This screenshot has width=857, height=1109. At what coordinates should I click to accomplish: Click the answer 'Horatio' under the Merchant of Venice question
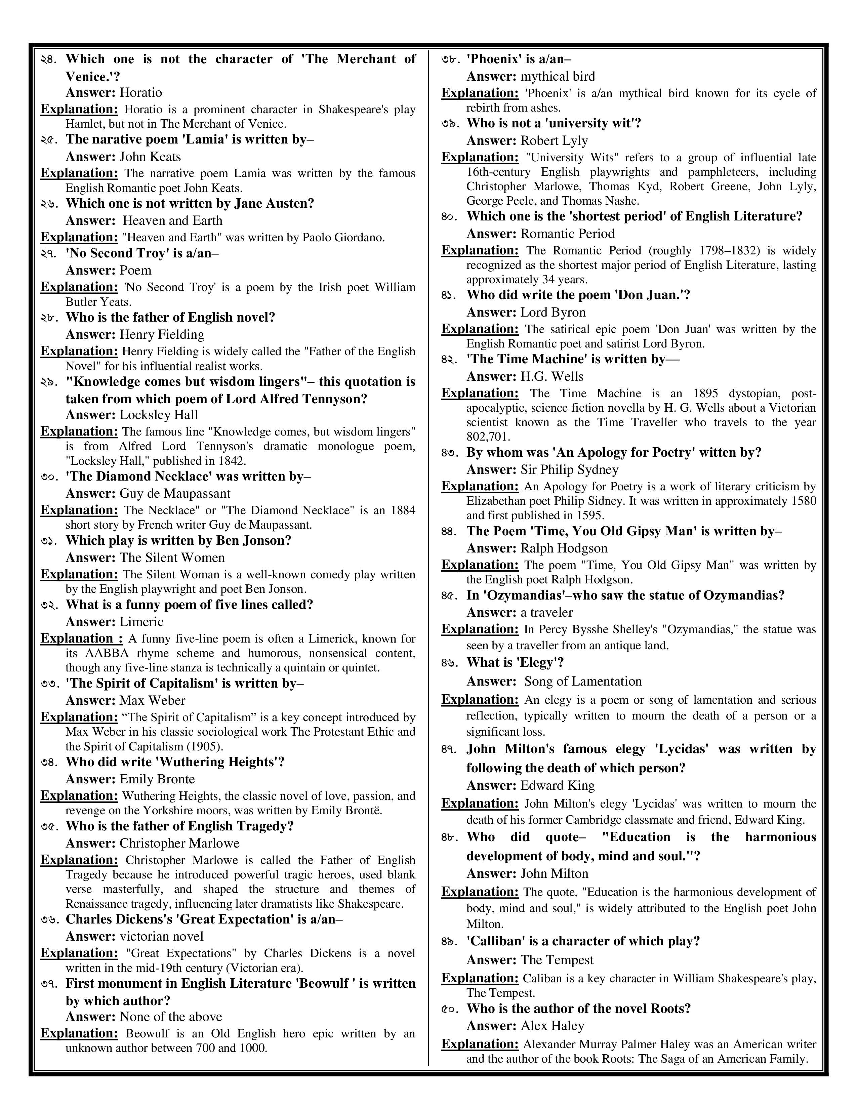coord(140,93)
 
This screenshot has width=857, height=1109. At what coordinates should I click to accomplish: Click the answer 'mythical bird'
coord(558,77)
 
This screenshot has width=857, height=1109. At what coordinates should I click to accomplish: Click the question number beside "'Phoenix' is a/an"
coord(450,59)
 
